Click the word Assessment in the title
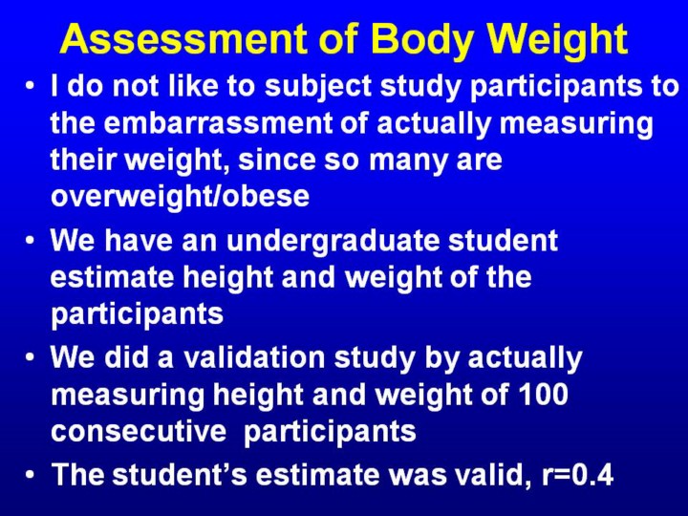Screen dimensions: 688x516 click(x=183, y=38)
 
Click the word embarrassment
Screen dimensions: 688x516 click(x=217, y=122)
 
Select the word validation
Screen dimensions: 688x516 click(x=254, y=357)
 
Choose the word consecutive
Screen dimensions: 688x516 click(x=139, y=430)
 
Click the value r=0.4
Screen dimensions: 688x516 click(x=577, y=474)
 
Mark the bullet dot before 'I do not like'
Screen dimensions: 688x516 click(x=30, y=86)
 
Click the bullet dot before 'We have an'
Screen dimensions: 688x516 click(x=30, y=241)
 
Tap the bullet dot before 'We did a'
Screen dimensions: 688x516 click(x=30, y=357)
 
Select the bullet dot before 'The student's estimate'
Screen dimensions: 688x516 click(x=30, y=474)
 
